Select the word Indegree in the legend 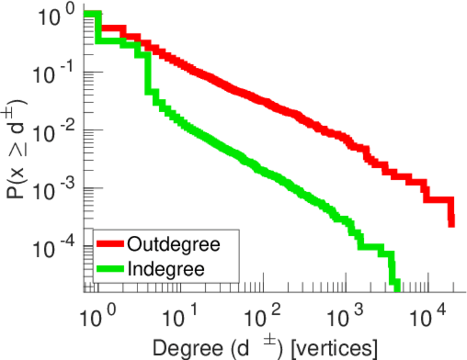tap(166, 269)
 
